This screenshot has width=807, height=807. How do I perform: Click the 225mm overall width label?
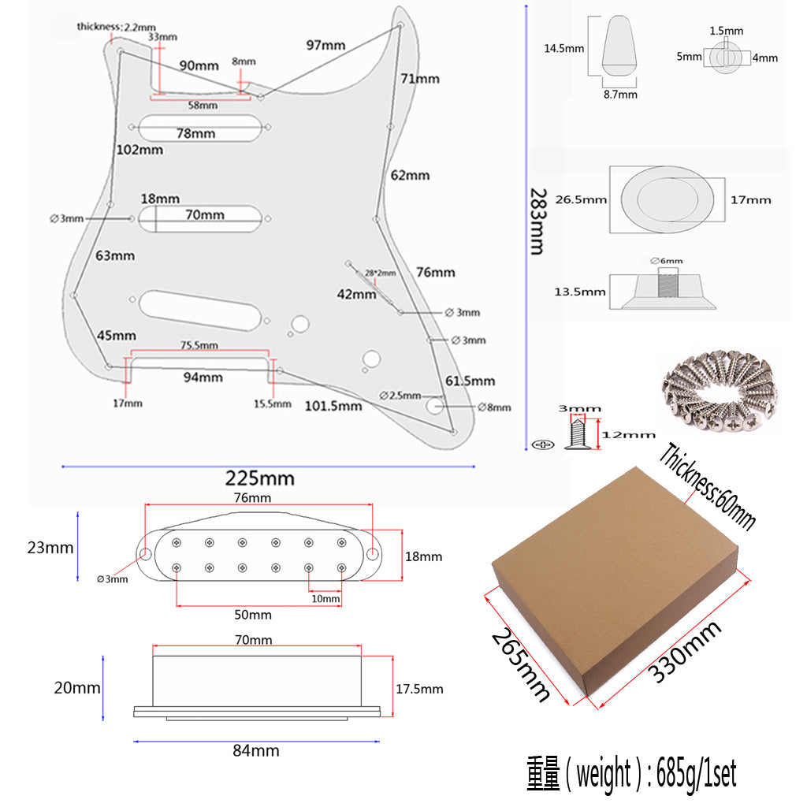(260, 478)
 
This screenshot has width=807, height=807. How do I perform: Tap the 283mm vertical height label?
(537, 221)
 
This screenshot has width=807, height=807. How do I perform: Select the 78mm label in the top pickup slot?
(195, 133)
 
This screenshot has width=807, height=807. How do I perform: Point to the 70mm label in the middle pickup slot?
(205, 214)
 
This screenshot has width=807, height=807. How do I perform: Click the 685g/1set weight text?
(630, 775)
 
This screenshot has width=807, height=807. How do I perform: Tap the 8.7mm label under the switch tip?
(620, 95)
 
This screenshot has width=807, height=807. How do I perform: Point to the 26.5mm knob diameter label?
(581, 199)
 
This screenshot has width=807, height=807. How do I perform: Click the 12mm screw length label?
(627, 434)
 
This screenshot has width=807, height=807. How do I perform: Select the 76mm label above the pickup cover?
(252, 497)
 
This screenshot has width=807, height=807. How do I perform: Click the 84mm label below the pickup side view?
(256, 751)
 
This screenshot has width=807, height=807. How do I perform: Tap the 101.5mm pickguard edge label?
(333, 406)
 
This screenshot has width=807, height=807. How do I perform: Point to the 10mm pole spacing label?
(325, 599)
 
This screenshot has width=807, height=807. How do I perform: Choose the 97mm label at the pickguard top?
(325, 45)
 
